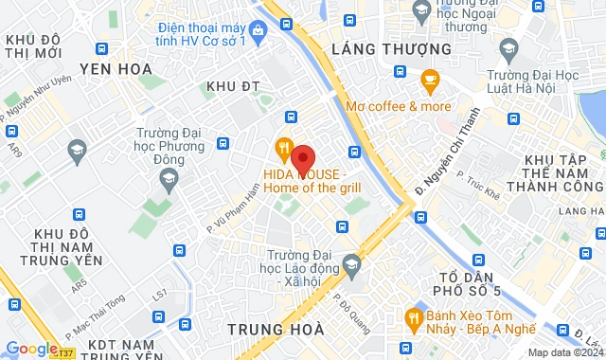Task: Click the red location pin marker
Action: [302, 158]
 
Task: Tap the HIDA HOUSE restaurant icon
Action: [283, 148]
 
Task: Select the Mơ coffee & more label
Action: [399, 106]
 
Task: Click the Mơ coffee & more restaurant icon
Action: [430, 79]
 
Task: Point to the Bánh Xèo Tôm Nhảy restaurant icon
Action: [413, 316]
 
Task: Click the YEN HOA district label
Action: [116, 68]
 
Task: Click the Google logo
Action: [30, 349]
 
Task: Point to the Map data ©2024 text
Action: [564, 352]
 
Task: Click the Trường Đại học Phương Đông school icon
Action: [76, 148]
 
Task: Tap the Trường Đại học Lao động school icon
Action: [352, 261]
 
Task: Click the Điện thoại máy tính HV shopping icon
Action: [258, 28]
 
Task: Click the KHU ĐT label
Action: [238, 86]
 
